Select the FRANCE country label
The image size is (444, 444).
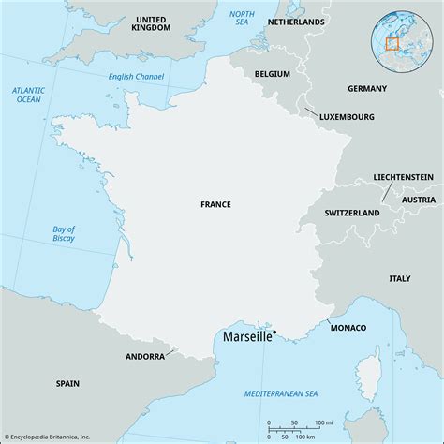click(215, 203)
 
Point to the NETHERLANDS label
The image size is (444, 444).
click(295, 21)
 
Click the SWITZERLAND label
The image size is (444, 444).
click(351, 213)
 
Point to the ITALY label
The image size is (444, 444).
click(400, 277)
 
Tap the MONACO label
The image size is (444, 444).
click(348, 327)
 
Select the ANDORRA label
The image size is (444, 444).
click(145, 357)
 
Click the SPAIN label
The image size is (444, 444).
click(67, 383)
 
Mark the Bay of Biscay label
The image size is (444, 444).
click(63, 236)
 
